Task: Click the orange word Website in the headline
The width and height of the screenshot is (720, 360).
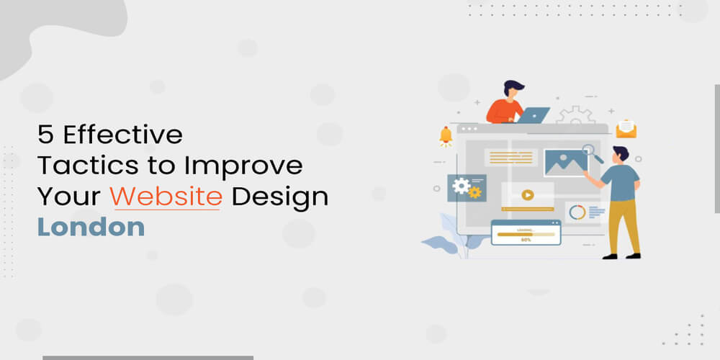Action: pos(166,197)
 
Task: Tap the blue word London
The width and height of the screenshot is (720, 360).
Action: pos(91,228)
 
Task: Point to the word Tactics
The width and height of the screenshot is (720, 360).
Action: pos(88,166)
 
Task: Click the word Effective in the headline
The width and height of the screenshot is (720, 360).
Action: pos(122,135)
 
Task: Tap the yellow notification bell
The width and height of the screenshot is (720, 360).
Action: pos(446,137)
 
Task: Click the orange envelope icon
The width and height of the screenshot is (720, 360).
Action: pos(626,129)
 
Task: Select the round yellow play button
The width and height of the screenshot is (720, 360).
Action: pos(528,195)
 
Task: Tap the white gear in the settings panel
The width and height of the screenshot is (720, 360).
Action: pos(461,186)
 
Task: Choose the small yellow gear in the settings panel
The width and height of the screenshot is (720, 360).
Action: pos(474,192)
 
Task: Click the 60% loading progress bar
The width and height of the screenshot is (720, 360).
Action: pos(526,234)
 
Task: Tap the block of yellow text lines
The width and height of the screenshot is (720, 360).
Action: pos(510,158)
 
